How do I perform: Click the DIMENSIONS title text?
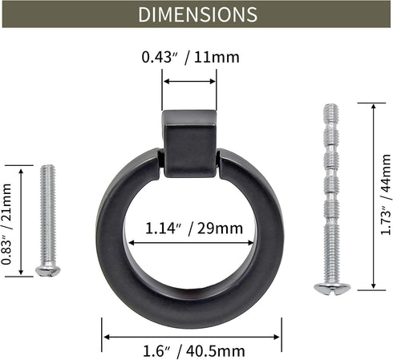pyautogui.click(x=196, y=14)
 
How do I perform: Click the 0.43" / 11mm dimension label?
pyautogui.click(x=190, y=57)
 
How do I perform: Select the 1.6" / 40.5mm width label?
pyautogui.click(x=192, y=350)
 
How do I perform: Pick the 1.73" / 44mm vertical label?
pyautogui.click(x=384, y=196)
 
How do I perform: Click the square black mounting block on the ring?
pyautogui.click(x=189, y=143)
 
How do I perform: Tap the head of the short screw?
pyautogui.click(x=47, y=271)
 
